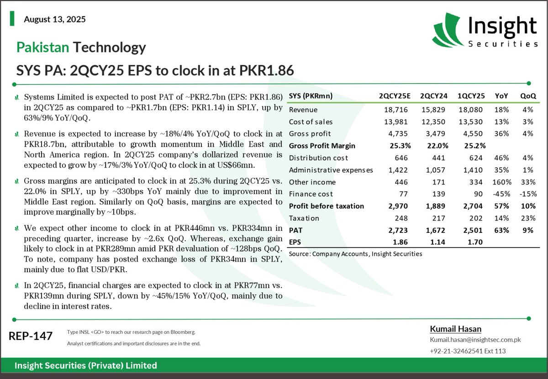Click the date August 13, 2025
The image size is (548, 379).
tap(54, 20)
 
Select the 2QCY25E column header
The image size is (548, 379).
tap(395, 97)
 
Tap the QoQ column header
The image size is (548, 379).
tap(528, 97)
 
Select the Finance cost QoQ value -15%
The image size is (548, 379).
tap(528, 194)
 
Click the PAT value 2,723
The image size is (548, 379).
tap(396, 230)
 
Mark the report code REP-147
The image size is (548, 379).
tap(31, 336)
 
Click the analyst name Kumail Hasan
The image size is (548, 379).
tap(456, 329)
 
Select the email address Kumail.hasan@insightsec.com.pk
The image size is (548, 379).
tap(475, 340)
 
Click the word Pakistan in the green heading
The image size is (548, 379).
tap(42, 47)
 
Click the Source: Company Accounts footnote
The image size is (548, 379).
tap(355, 253)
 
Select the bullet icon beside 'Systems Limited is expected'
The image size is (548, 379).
tap(17, 97)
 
